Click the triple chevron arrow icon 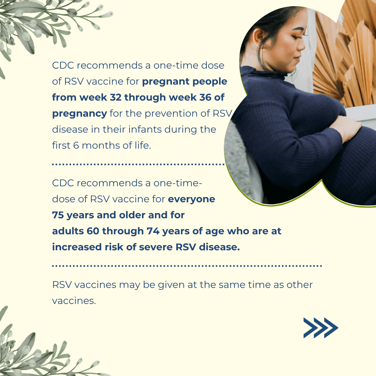click(321, 328)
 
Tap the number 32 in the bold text click(116, 97)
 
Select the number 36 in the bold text click(205, 97)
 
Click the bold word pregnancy click(79, 114)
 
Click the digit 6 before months click(76, 146)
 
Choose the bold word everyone click(191, 199)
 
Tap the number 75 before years click(58, 215)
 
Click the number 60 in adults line click(93, 231)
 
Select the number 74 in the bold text click(153, 231)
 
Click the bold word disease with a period click(219, 247)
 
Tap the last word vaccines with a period click(74, 301)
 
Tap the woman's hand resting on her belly click(348, 127)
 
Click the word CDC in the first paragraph click(63, 65)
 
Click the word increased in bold click(77, 247)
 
